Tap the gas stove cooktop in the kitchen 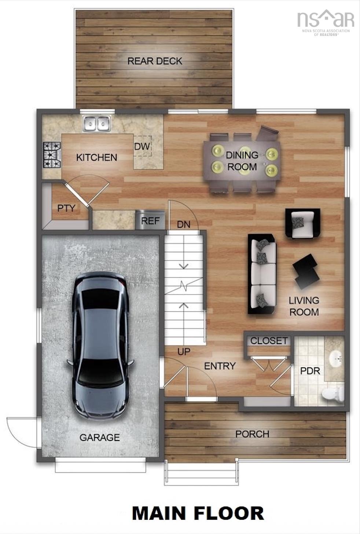52,155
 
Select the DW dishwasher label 142,146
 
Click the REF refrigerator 150,220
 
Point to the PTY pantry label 66,208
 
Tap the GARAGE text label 99,437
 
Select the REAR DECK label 154,61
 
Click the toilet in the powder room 333,393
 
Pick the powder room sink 335,358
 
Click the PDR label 310,371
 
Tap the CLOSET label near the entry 269,341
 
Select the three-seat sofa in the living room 262,274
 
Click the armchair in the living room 303,223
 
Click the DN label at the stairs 183,224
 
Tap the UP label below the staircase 184,351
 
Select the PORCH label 252,434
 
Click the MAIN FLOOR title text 198,513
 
